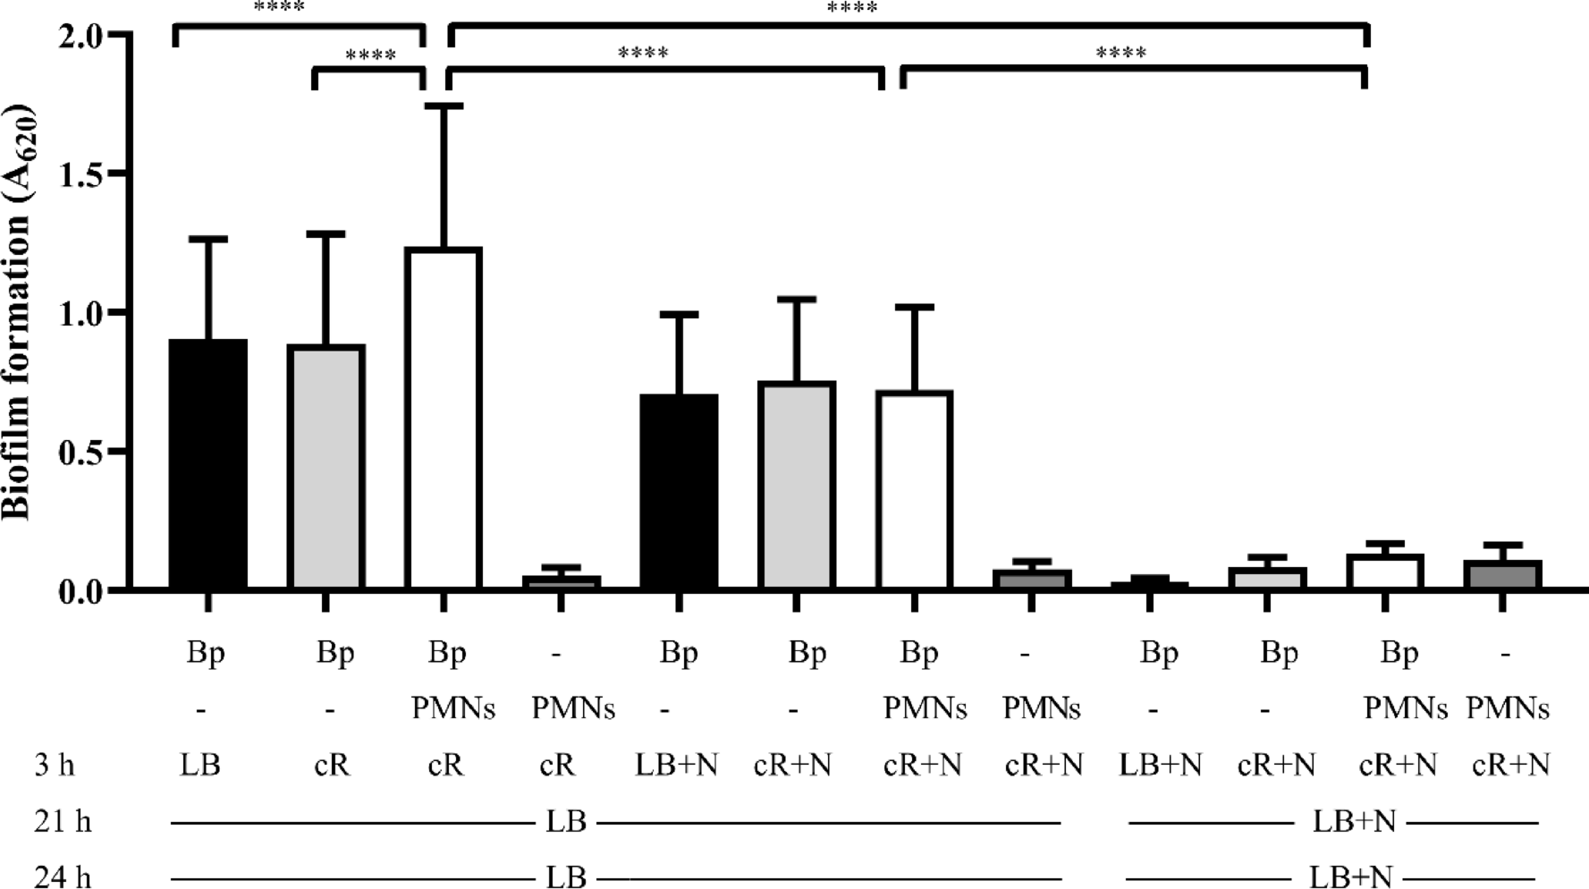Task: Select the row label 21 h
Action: click(x=63, y=821)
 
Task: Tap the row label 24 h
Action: click(x=63, y=877)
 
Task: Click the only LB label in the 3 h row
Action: click(x=200, y=766)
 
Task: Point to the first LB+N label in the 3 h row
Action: click(x=677, y=766)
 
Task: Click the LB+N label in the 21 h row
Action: click(x=1354, y=821)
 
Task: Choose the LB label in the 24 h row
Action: click(x=566, y=877)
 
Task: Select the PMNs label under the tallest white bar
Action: click(x=452, y=708)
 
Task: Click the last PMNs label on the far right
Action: click(x=1508, y=708)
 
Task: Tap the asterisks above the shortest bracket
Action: click(x=370, y=56)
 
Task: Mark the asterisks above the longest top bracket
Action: click(x=851, y=9)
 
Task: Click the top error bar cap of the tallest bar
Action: click(x=443, y=106)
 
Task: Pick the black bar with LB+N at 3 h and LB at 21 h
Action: click(x=679, y=491)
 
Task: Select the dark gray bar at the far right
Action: click(x=1502, y=574)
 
